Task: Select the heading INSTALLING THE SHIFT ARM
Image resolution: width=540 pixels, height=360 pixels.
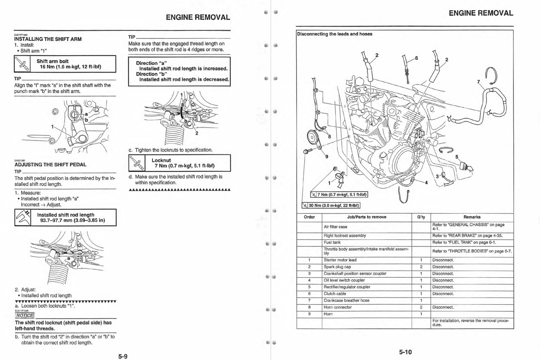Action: (48, 39)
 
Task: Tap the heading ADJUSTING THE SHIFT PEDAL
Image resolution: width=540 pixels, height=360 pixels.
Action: (50, 165)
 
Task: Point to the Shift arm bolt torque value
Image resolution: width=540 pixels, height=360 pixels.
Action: (70, 67)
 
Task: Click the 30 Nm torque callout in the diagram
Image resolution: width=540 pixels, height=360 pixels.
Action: (333, 206)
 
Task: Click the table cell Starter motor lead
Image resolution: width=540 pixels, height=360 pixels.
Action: (340, 260)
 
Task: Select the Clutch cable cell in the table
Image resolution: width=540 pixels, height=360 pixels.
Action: (335, 294)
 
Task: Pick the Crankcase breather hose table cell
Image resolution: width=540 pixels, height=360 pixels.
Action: (346, 300)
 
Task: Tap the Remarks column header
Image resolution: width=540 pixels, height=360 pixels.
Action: (472, 217)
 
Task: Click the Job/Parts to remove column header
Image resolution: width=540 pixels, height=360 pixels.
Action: (366, 217)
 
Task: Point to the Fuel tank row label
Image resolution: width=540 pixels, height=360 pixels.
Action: (332, 243)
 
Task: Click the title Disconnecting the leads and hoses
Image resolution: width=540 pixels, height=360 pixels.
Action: (335, 34)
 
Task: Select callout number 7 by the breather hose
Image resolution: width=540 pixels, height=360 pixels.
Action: (478, 82)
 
